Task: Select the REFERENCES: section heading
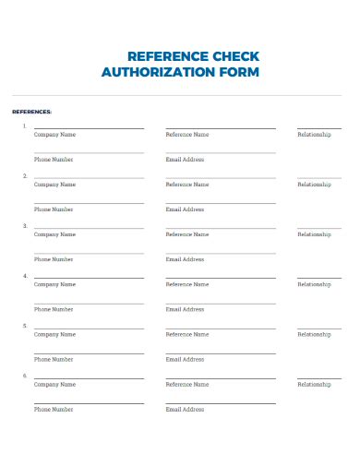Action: (31, 112)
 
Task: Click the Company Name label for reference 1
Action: (54, 135)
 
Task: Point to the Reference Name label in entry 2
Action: (187, 185)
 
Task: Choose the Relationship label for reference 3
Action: (314, 234)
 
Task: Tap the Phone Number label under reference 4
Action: (54, 309)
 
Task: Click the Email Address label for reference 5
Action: (185, 359)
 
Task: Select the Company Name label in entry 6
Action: (54, 384)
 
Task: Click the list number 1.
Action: (24, 125)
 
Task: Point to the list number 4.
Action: (24, 275)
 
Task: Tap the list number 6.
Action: (24, 376)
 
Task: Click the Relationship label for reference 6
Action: (314, 384)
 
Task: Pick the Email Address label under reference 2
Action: (185, 209)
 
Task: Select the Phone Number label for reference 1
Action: (54, 160)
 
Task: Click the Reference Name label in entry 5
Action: (187, 334)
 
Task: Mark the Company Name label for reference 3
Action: (54, 234)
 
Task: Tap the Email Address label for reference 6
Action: (185, 409)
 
